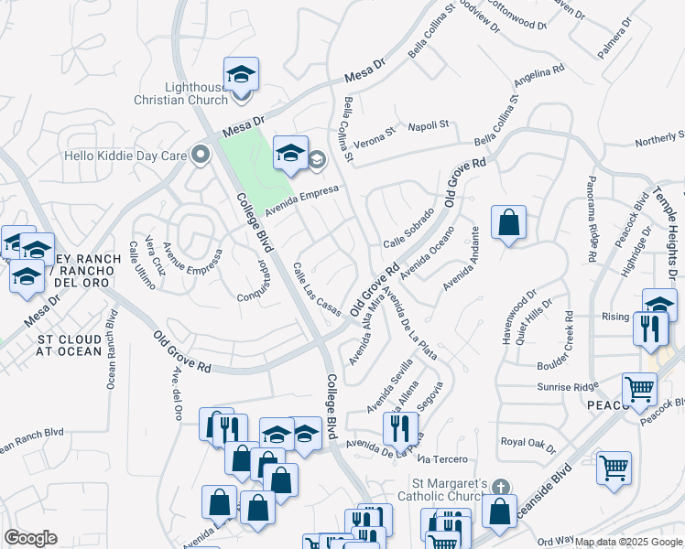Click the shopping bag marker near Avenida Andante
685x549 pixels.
pos(508,222)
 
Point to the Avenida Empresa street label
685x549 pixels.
pos(302,200)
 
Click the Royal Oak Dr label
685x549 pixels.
pos(528,442)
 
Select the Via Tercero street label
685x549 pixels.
pos(446,458)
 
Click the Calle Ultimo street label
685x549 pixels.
pos(142,266)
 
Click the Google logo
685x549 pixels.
pos(30,538)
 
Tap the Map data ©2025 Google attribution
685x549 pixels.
pos(629,542)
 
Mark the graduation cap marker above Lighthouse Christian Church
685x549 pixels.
pos(241,74)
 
